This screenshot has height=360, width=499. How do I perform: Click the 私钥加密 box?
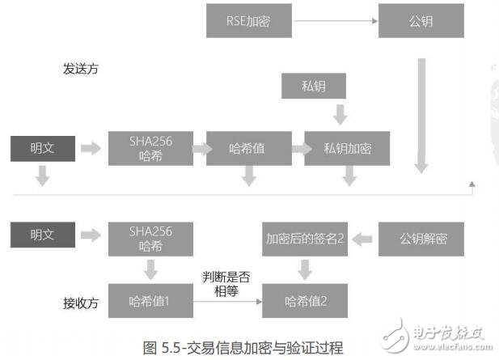tap(346, 148)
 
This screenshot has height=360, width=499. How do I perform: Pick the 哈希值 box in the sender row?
tap(248, 148)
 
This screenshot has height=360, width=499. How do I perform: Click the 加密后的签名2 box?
tap(304, 239)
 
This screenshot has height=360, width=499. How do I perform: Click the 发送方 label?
tap(81, 68)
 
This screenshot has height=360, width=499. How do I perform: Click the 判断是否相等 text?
tap(226, 282)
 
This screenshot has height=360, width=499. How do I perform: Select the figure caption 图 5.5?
tap(243, 348)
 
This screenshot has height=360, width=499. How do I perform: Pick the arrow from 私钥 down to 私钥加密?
tap(340, 116)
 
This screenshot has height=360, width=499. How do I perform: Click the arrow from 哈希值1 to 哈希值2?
tap(226, 302)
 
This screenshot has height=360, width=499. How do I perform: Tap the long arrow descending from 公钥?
tap(421, 113)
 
